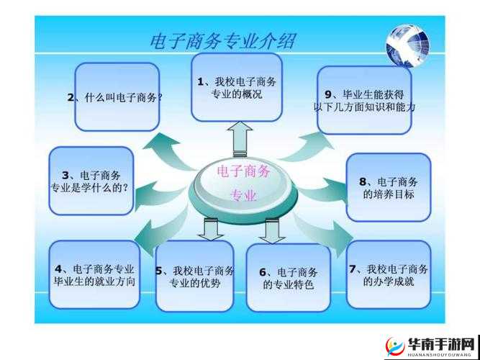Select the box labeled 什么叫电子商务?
click(117, 97)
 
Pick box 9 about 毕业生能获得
click(364, 100)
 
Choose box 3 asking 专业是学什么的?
click(91, 181)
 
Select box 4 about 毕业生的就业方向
click(94, 275)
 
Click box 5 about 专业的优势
click(194, 276)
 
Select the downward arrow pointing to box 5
click(211, 230)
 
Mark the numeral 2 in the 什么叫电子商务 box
click(71, 97)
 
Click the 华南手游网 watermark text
click(441, 342)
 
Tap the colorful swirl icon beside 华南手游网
click(394, 343)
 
